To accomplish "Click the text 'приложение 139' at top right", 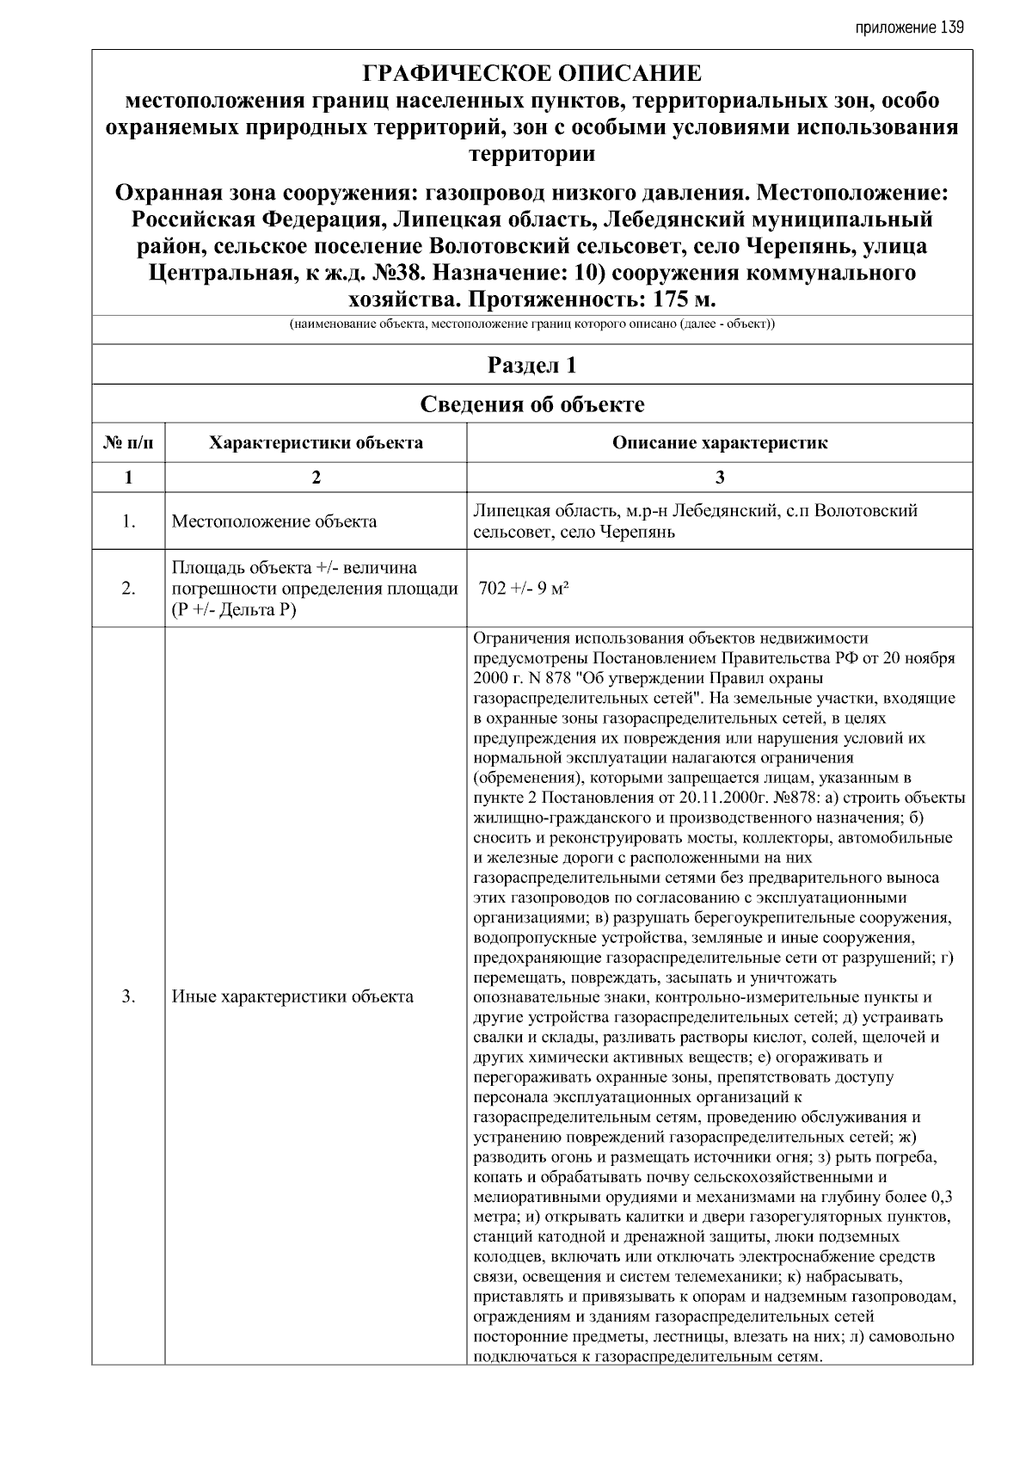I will (909, 28).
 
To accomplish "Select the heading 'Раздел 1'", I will (531, 365).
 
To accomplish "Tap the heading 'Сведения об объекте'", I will (531, 404).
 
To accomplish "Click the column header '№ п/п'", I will (128, 443).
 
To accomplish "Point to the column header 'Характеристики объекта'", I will (316, 443).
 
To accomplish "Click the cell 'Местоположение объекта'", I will (273, 521).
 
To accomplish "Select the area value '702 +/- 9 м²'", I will (525, 589).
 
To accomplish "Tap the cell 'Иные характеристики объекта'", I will (292, 997).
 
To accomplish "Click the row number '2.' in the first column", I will (128, 589).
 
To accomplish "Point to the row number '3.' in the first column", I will (128, 997).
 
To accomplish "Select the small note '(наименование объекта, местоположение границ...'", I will (531, 325).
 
